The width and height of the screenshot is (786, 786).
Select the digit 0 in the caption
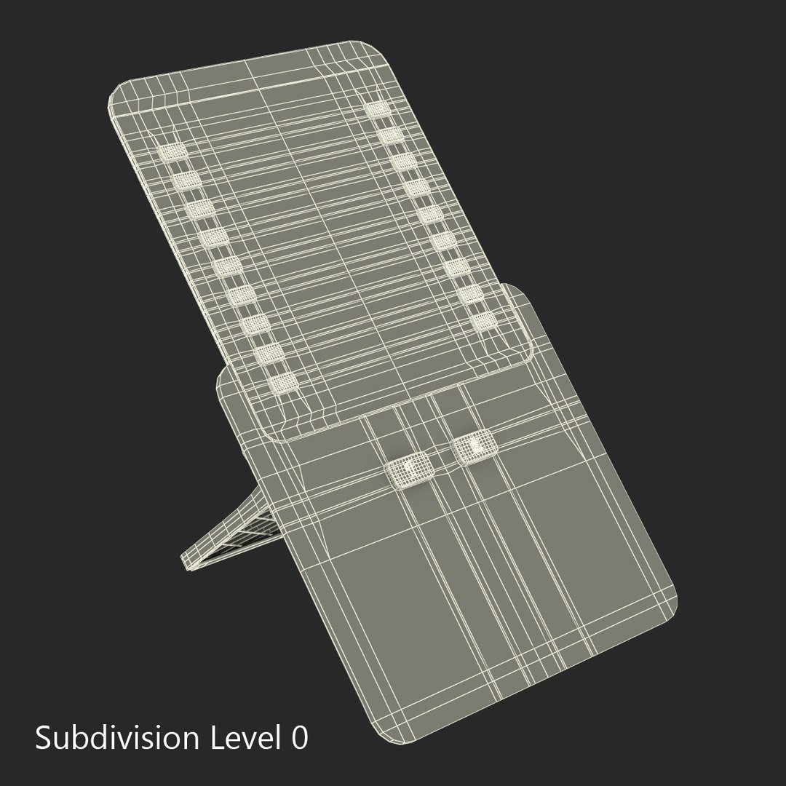(298, 739)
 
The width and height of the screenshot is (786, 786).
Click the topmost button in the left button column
(172, 151)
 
